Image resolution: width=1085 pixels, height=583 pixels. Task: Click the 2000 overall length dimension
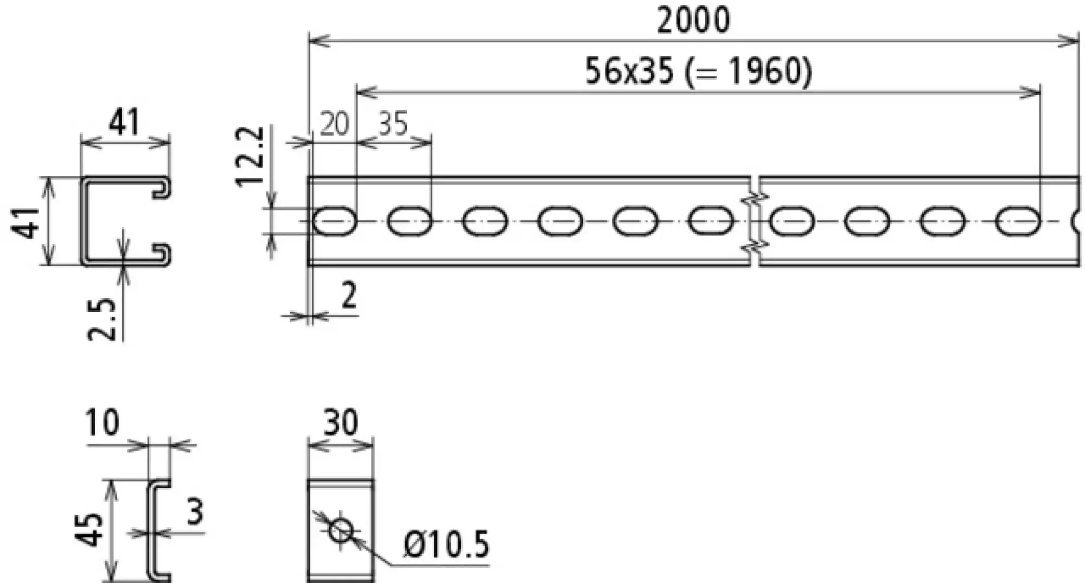pyautogui.click(x=693, y=21)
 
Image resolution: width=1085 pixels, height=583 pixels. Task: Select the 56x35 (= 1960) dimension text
pyautogui.click(x=698, y=72)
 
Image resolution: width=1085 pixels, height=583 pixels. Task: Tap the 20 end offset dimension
pyautogui.click(x=334, y=124)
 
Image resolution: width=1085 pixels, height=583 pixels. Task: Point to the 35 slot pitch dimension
pyautogui.click(x=393, y=124)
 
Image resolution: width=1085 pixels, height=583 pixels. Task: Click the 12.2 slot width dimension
pyautogui.click(x=250, y=157)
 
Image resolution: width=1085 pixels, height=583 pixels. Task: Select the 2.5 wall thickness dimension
pyautogui.click(x=102, y=320)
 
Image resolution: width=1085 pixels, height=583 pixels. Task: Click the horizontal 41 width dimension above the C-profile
pyautogui.click(x=124, y=122)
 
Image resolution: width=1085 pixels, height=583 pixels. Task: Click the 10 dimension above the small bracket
pyautogui.click(x=103, y=423)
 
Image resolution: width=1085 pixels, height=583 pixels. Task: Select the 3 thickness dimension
pyautogui.click(x=195, y=511)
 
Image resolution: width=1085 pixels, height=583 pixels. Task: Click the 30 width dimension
pyautogui.click(x=341, y=423)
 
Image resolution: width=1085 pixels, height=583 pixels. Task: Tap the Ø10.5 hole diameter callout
pyautogui.click(x=446, y=544)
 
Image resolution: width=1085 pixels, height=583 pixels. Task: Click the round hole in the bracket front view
pyautogui.click(x=341, y=530)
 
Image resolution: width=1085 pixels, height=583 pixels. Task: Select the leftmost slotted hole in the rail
pyautogui.click(x=335, y=221)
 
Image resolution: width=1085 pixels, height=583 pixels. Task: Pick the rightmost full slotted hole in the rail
pyautogui.click(x=1018, y=221)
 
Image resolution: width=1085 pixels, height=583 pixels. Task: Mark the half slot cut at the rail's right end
pyautogui.click(x=1075, y=221)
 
